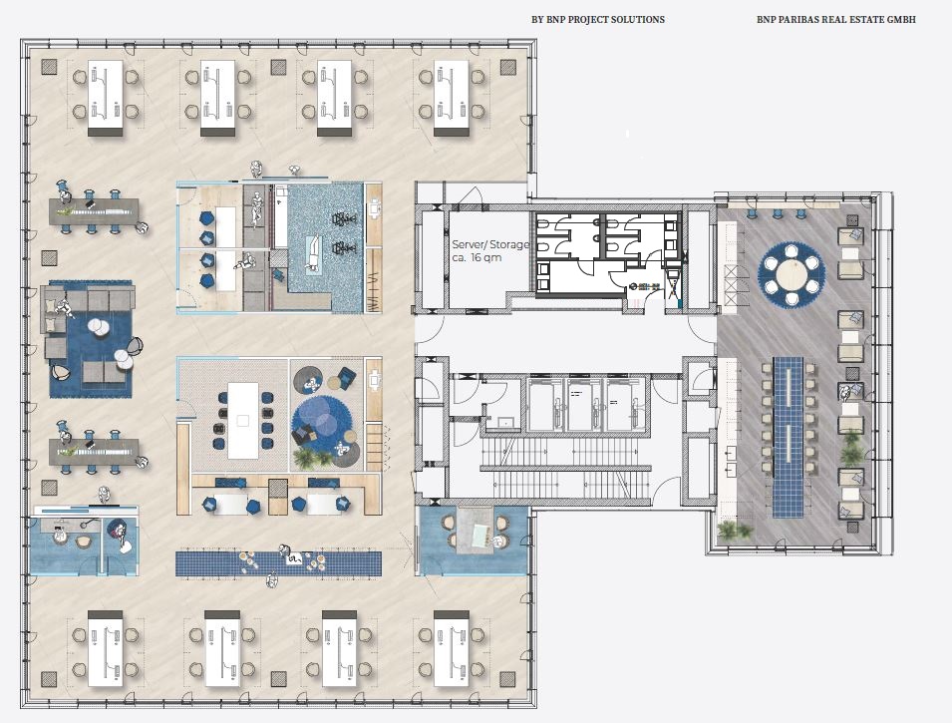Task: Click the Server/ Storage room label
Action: (x=490, y=245)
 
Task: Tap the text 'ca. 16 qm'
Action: (x=476, y=257)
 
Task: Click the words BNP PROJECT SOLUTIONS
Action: (x=605, y=19)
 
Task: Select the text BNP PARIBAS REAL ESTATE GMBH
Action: (x=836, y=19)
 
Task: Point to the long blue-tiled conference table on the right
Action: (x=789, y=438)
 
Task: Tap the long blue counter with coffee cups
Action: (x=279, y=563)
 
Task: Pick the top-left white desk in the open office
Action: (x=106, y=97)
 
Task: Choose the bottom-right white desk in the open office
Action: (x=452, y=649)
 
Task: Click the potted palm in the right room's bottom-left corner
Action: (x=734, y=531)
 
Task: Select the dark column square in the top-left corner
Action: (x=49, y=67)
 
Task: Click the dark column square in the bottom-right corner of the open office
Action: (x=508, y=679)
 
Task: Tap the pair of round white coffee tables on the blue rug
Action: (x=97, y=327)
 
